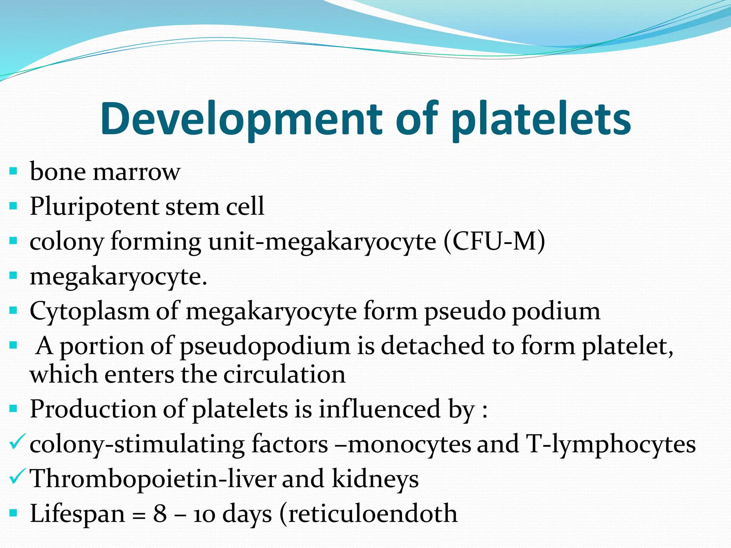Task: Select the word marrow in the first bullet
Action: [x=136, y=172]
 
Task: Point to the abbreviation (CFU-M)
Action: [x=495, y=242]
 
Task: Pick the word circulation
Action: [x=284, y=375]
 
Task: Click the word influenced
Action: [x=379, y=409]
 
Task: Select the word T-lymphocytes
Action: [x=611, y=445]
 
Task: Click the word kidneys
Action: [x=375, y=479]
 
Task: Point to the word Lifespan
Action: [x=77, y=514]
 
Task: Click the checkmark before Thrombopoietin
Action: [x=17, y=476]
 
